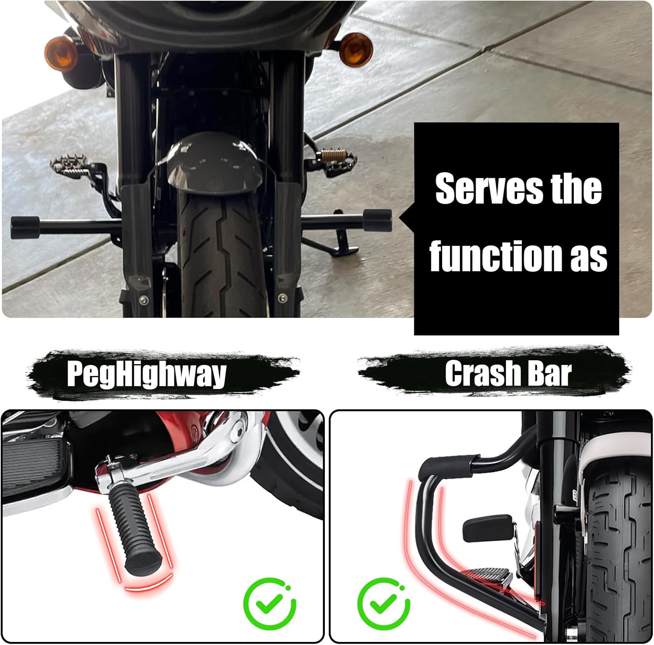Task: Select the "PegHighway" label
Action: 146,374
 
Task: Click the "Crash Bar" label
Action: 508,374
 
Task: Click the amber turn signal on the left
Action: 60,54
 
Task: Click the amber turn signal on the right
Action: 354,49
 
